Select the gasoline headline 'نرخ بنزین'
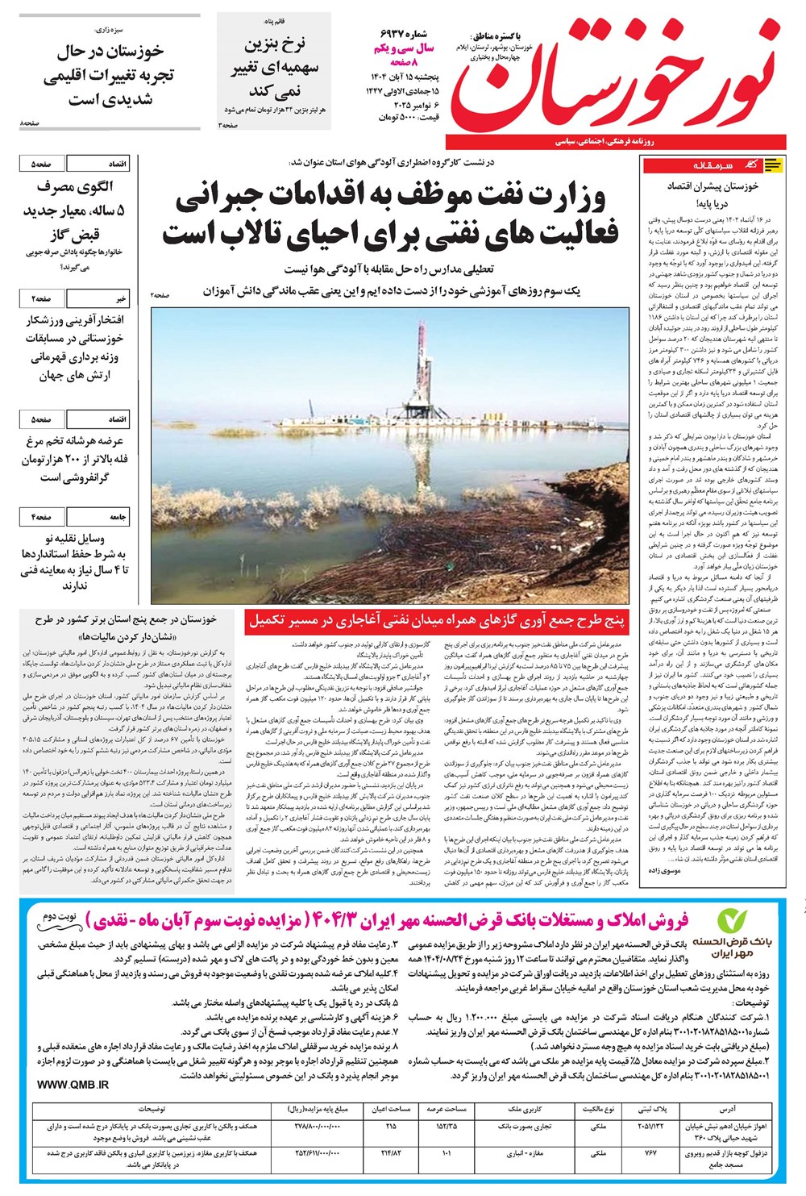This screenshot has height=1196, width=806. (x=275, y=44)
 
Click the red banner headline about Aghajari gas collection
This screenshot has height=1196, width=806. (x=435, y=619)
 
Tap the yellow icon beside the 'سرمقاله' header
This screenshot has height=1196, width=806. (x=772, y=165)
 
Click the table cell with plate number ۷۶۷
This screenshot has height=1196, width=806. (x=651, y=1153)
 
